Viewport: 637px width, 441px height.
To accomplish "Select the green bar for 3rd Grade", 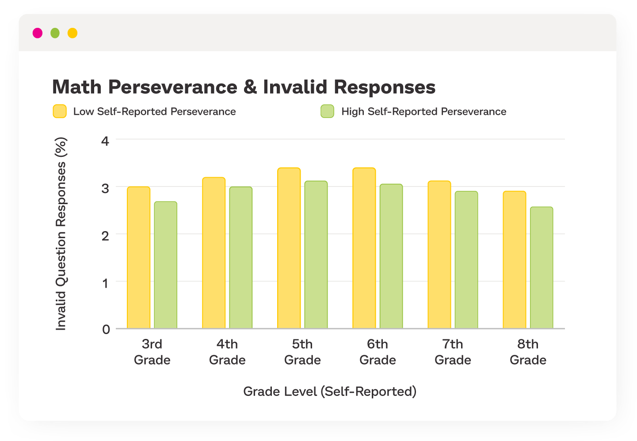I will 166,265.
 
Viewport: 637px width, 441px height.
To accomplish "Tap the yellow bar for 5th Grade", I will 289,248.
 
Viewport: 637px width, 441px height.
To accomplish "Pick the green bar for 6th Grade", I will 391,256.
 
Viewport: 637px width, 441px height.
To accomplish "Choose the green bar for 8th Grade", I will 542,268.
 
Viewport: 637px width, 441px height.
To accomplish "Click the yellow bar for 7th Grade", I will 439,255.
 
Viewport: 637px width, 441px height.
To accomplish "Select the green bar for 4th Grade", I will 241,258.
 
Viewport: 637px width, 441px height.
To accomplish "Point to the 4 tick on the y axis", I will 105,141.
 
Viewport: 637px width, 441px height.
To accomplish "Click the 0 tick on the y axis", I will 106,329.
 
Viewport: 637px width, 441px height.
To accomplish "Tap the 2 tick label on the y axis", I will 105,236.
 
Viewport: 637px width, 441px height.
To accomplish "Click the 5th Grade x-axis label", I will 302,352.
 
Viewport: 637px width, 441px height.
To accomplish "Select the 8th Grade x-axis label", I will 528,352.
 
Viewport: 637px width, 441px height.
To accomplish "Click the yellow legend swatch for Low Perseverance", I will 60,111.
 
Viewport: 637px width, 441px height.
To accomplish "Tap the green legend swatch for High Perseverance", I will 327,111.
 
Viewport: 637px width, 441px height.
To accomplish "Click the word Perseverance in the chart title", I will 173,87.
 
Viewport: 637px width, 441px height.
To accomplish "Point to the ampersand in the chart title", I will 250,87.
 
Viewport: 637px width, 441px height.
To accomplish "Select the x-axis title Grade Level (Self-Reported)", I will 330,392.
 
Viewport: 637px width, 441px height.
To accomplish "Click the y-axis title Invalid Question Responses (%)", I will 61,234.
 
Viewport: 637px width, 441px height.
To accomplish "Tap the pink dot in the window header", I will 38,33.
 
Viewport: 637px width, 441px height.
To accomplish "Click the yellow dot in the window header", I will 72,33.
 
